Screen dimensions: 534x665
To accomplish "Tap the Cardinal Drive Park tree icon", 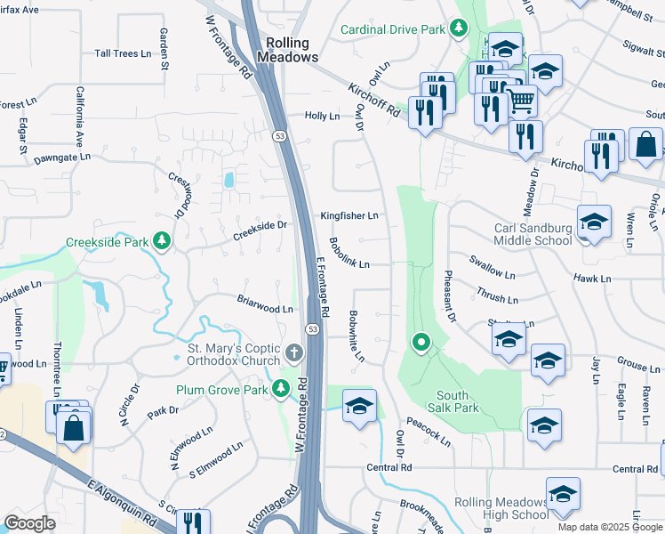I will [458, 29].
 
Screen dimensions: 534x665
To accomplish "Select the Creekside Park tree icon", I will [161, 240].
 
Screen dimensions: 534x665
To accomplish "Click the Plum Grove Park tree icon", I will [281, 388].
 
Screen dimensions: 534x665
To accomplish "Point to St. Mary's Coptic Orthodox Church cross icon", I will [295, 354].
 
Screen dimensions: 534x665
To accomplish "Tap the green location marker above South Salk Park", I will [421, 342].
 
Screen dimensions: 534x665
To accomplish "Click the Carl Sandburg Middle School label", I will [533, 234].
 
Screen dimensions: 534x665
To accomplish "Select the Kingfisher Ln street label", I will [349, 216].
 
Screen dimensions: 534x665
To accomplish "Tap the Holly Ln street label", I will [322, 116].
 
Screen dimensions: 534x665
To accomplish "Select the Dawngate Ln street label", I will [62, 157].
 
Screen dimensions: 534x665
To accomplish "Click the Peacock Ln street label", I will [429, 431].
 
